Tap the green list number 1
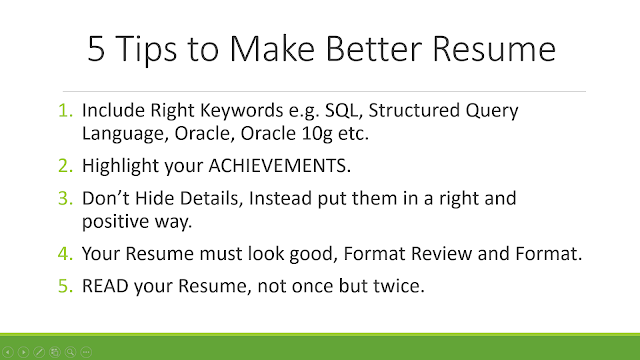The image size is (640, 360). tap(65, 110)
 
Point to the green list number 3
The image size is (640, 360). tap(65, 198)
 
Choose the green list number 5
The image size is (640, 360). tap(65, 286)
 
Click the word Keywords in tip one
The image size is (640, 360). tap(242, 111)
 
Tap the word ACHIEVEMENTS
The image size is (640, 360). tap(280, 166)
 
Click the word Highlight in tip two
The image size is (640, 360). tap(120, 166)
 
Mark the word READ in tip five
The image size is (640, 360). tap(105, 286)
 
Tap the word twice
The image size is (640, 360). tap(399, 286)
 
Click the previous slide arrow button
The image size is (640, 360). tap(8, 352)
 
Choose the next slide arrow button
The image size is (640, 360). tap(23, 352)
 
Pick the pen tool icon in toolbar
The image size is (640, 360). tap(39, 352)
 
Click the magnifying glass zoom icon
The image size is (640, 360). tap(71, 352)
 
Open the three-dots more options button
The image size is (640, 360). tap(86, 352)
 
